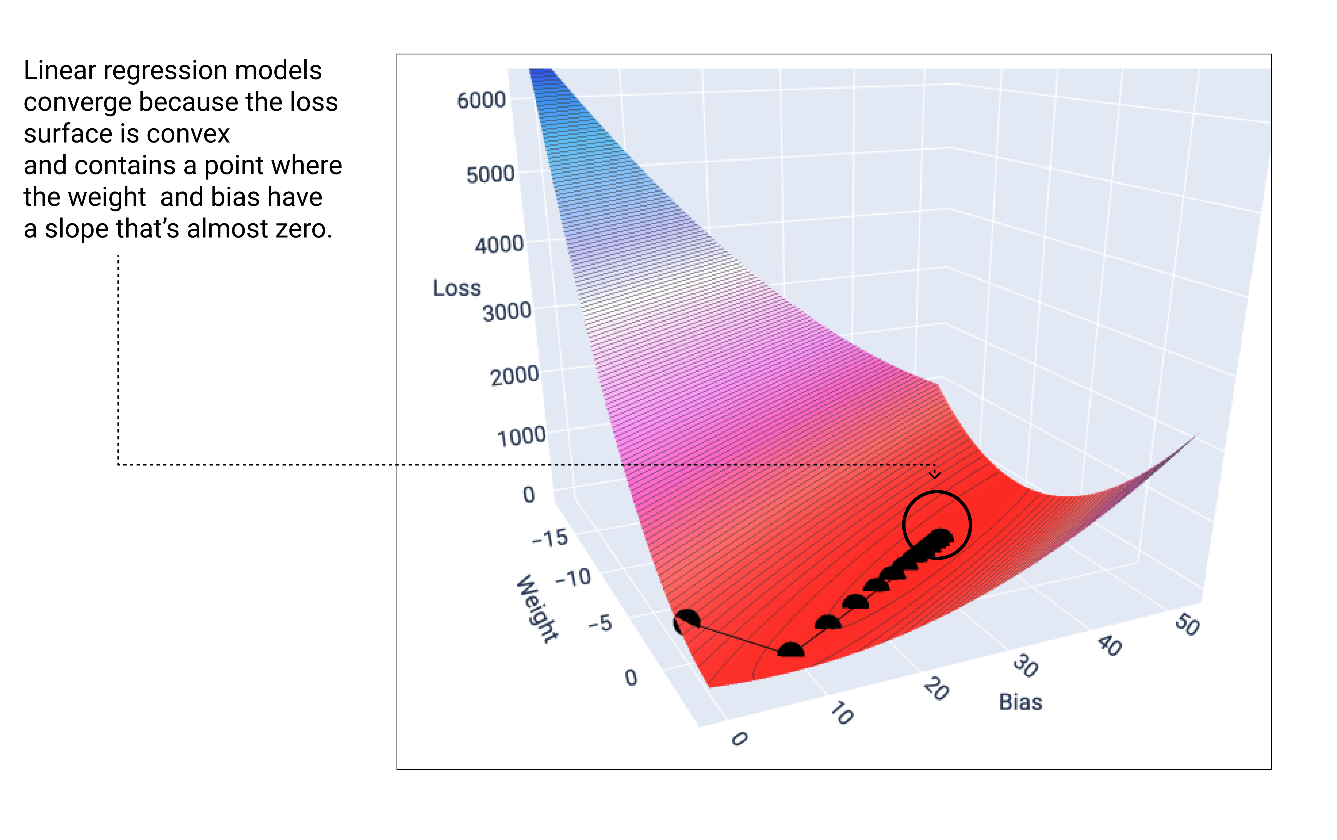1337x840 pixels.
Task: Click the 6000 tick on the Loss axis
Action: point(481,101)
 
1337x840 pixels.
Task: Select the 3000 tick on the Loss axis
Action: point(506,312)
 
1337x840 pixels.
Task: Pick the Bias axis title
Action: point(1020,702)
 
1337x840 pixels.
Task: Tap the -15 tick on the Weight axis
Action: point(550,538)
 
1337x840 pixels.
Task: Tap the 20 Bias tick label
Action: point(936,689)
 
